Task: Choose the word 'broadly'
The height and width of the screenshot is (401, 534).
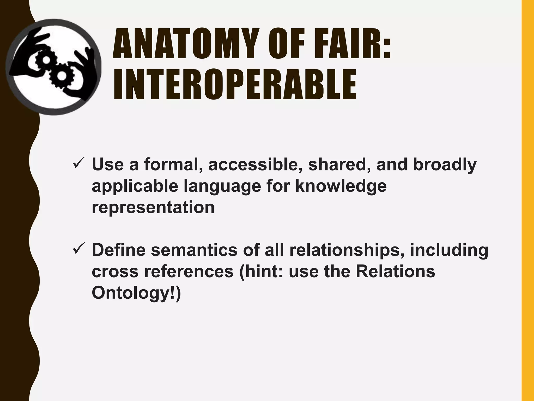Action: (445, 165)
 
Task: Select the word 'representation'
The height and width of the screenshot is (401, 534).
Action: (153, 207)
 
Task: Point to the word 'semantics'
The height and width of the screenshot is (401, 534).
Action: (194, 250)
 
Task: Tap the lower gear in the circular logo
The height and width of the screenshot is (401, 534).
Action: (62, 76)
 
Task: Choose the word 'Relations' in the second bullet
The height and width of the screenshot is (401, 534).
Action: (395, 271)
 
